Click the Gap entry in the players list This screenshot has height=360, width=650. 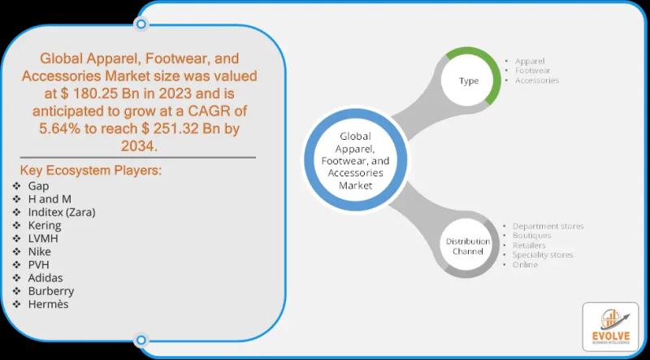tap(37, 186)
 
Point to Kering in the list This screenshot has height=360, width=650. tap(45, 225)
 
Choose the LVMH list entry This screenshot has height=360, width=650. tap(43, 238)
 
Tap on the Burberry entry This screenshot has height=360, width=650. tap(50, 290)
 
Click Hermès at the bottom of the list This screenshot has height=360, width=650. tap(48, 304)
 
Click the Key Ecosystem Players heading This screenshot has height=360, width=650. tap(90, 171)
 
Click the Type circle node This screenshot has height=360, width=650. tap(469, 81)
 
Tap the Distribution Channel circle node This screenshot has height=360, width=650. tap(468, 246)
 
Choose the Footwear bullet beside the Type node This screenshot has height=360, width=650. tap(533, 71)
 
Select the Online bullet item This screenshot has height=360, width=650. tap(525, 265)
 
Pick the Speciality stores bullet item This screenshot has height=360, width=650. tap(543, 255)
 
